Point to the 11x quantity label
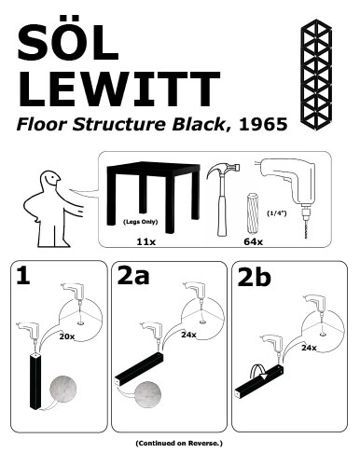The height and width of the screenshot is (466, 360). pos(145,240)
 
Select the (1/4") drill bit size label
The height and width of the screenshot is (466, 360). pos(275,212)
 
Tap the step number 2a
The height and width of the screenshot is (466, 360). pos(140,277)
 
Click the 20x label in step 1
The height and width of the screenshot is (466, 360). pos(66,335)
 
